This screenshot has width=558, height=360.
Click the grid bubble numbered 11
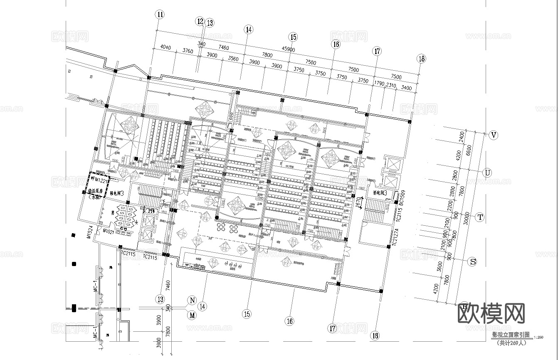[160, 14]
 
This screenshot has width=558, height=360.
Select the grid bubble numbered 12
[201, 21]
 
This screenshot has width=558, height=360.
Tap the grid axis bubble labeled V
[494, 135]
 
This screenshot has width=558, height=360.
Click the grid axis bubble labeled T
[480, 217]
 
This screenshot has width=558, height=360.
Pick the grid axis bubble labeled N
[192, 300]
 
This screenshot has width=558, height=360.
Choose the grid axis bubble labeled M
[192, 315]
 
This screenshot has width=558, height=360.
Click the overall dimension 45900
[288, 49]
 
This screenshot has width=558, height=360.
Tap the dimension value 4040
[165, 47]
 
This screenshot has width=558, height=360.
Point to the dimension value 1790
[379, 84]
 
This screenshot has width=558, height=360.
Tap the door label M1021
[109, 231]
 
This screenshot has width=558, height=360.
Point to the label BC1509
[402, 199]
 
